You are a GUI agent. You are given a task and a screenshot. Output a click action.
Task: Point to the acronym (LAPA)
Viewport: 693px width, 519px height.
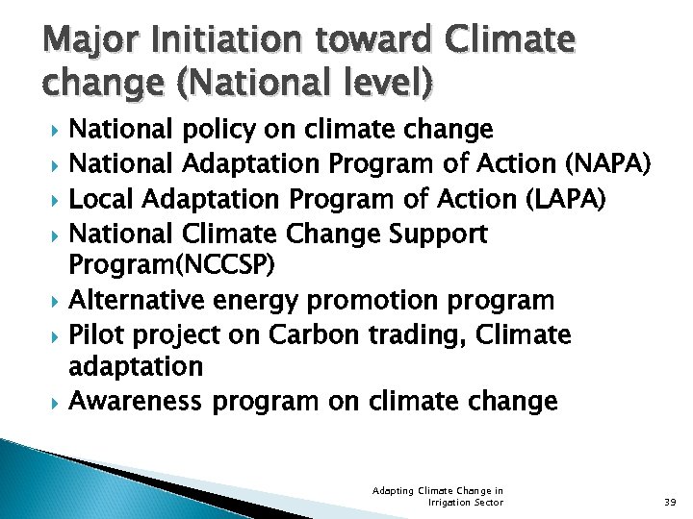[567, 199]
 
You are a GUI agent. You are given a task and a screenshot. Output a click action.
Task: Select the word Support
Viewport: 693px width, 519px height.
[437, 234]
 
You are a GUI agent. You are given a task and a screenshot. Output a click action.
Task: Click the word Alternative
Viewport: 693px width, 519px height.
[137, 301]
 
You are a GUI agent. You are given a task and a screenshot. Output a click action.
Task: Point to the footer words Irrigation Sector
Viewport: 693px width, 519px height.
[466, 503]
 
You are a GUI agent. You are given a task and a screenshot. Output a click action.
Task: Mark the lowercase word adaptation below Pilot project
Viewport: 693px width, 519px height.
[137, 366]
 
